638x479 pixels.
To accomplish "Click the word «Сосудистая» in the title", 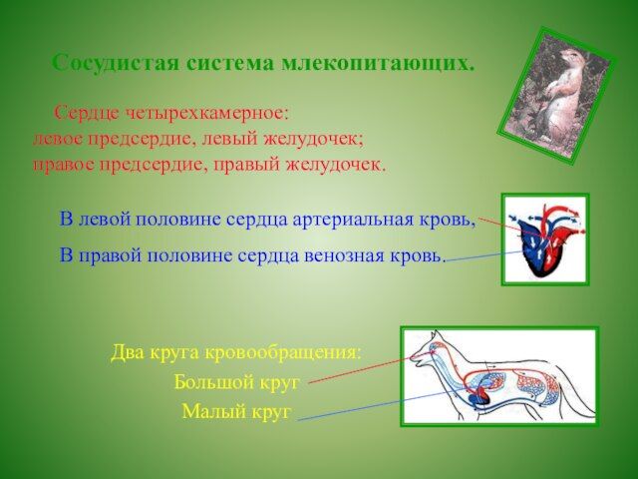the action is click(116, 63).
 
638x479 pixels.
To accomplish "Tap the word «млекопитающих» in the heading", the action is click(378, 64).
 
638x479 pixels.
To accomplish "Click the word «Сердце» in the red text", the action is click(86, 114).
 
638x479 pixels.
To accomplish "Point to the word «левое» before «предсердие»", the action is click(58, 140).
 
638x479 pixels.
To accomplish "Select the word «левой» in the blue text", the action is click(104, 220).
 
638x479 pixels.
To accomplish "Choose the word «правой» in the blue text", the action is click(110, 256).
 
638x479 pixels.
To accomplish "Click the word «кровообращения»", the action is click(282, 352).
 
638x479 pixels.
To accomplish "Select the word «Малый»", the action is click(212, 411).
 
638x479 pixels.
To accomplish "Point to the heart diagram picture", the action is click(545, 239).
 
